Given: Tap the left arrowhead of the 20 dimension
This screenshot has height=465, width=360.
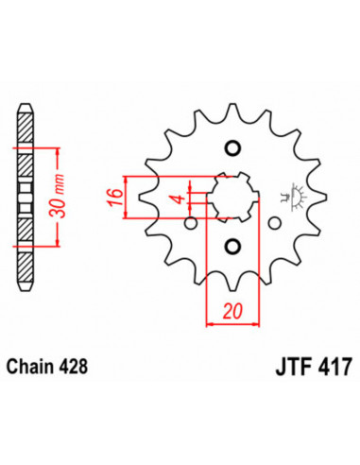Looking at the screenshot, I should (210, 323).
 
